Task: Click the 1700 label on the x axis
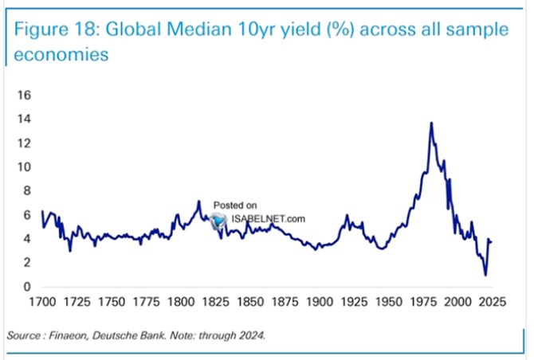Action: click(41, 303)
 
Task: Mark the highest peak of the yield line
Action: click(431, 123)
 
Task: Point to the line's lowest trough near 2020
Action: click(485, 275)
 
